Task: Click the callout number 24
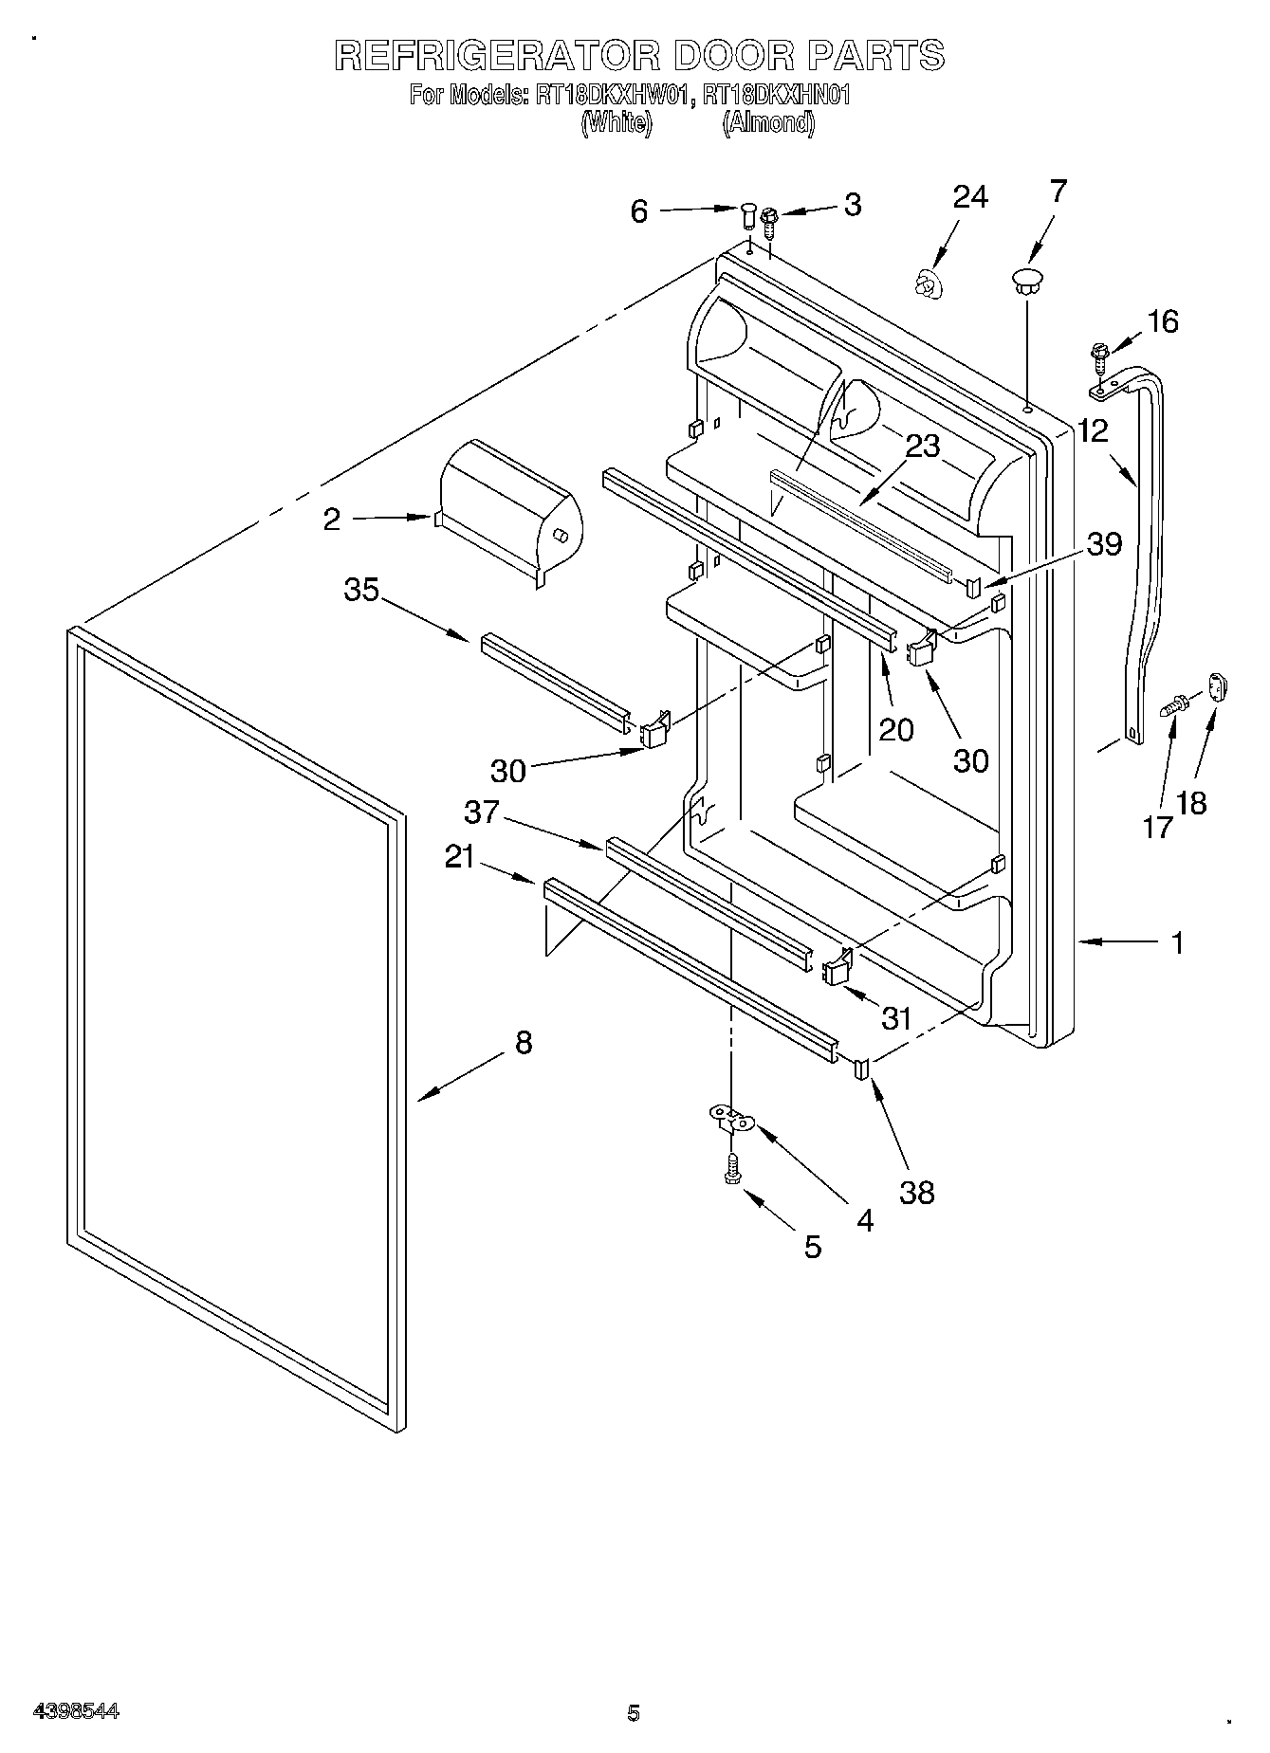coord(970,197)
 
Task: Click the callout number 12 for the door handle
coord(1093,431)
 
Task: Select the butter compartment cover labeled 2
coord(510,509)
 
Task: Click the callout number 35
coord(361,590)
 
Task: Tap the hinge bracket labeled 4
coord(731,1120)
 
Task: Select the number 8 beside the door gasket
coord(524,1043)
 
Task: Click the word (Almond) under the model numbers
coord(768,122)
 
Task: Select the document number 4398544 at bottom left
coord(76,1711)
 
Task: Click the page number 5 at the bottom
coord(634,1712)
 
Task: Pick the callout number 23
coord(921,446)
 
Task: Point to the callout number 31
coord(896,1018)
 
